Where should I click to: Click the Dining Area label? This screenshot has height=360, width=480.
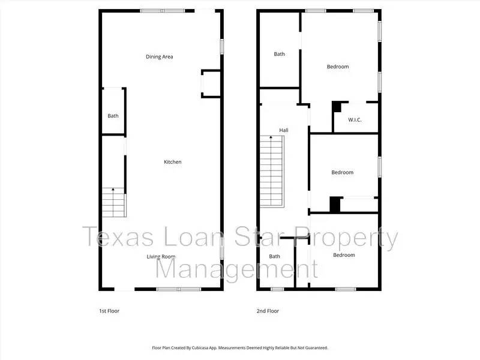coord(160,57)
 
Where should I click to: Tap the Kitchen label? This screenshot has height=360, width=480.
coord(173,162)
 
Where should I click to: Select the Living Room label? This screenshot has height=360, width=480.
coord(161,257)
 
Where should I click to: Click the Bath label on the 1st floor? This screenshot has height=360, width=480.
coord(113,116)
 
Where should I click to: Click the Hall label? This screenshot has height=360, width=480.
coord(284,130)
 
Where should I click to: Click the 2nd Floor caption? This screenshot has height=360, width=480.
coord(268,311)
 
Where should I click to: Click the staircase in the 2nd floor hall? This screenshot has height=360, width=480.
coord(272,171)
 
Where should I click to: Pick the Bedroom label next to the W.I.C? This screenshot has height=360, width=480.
coord(338,67)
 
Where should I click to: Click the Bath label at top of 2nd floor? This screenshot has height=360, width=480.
coord(280,54)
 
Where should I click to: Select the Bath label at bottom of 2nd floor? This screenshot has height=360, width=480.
coord(274,257)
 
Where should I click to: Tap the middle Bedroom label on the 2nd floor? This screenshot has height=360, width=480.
coord(343,173)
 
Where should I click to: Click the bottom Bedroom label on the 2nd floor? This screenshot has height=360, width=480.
coord(344,255)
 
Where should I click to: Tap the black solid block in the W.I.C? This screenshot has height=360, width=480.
coord(336,107)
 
